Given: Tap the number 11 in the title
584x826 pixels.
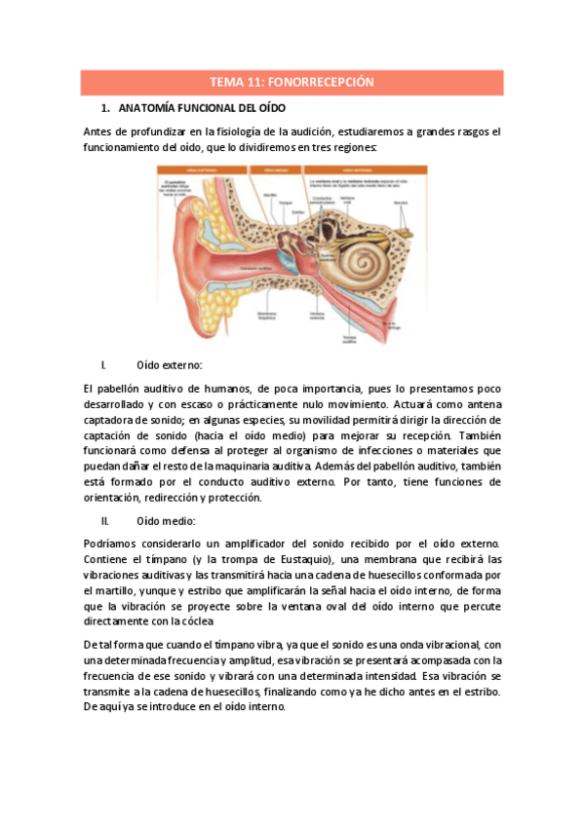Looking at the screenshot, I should coord(253,83).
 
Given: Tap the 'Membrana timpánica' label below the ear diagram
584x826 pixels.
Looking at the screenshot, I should coord(270,315).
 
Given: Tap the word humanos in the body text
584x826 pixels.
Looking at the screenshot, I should coord(220,388).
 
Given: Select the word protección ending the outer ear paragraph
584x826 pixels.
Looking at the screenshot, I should coord(234,497).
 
